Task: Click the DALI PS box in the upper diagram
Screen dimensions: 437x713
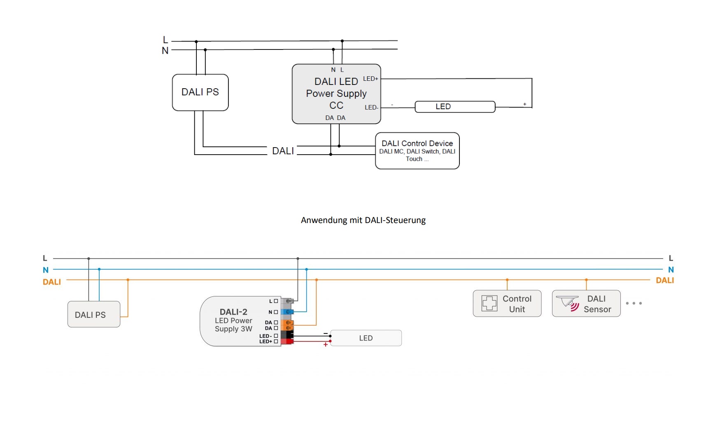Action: (200, 92)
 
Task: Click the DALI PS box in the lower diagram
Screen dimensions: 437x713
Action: (93, 315)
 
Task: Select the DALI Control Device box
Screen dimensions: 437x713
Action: (417, 151)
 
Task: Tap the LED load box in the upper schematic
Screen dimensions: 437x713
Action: (454, 107)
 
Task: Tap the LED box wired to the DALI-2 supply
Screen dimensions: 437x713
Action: (366, 338)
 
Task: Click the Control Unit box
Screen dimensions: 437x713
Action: (507, 304)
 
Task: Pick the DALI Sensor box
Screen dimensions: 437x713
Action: (586, 304)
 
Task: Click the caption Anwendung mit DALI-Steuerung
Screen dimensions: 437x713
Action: (363, 220)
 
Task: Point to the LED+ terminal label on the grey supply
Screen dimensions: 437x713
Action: (370, 79)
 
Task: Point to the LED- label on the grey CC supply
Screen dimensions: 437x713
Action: (371, 108)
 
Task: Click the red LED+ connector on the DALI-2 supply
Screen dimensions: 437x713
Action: (287, 341)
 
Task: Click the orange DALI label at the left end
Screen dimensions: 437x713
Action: (51, 282)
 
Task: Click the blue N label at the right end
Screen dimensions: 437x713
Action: (671, 270)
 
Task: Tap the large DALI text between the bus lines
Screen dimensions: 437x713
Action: (283, 151)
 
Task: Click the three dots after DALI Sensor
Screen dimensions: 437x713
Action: (634, 303)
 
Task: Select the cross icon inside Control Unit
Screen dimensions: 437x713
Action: (489, 303)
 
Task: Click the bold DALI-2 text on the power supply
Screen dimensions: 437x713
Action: (233, 312)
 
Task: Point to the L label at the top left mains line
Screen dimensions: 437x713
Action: (165, 40)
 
